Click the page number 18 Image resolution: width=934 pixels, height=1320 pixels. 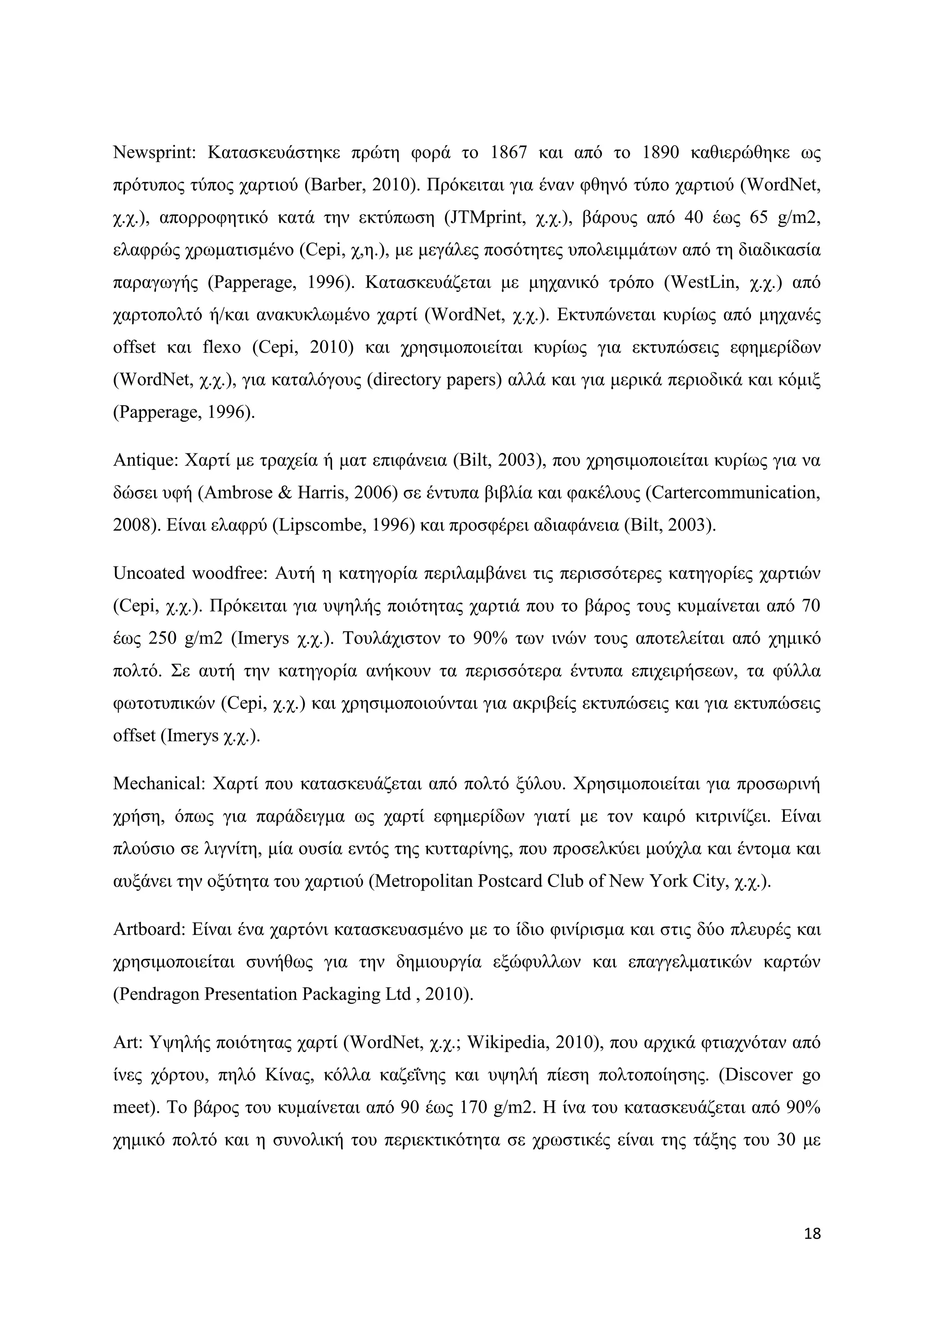[x=813, y=1234]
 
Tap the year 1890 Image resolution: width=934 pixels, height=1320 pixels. [x=661, y=153]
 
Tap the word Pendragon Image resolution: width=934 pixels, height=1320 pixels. [x=159, y=995]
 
